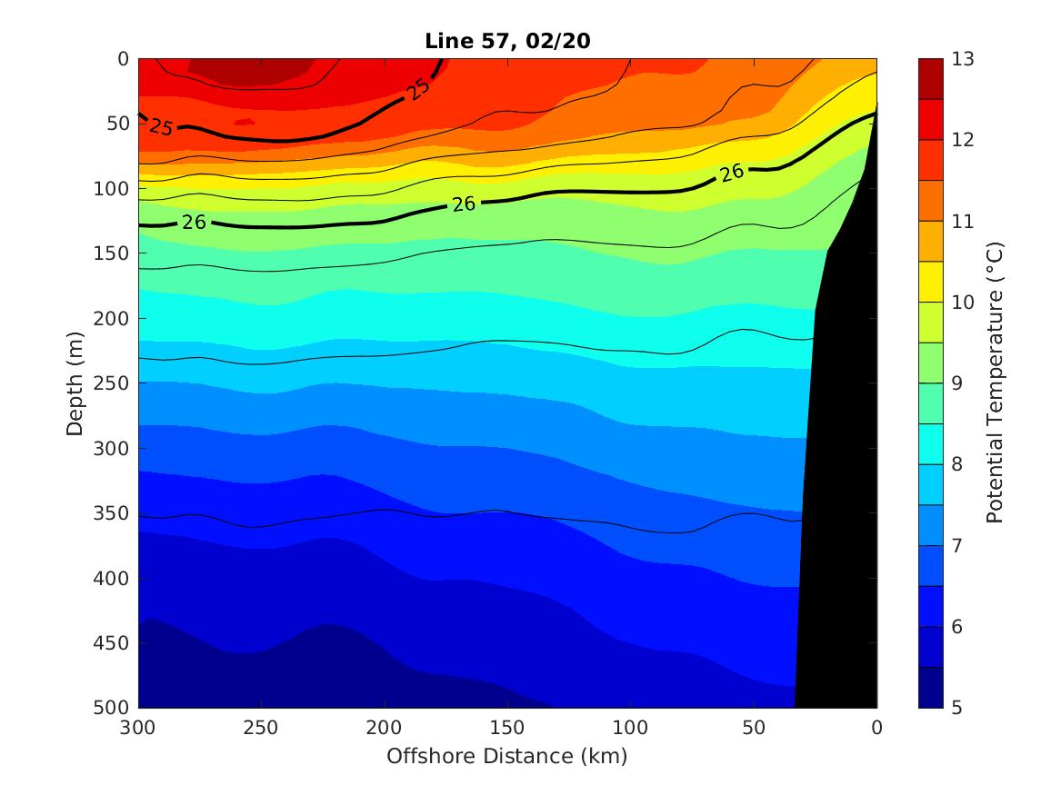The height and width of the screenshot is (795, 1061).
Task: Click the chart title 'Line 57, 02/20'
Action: click(x=507, y=41)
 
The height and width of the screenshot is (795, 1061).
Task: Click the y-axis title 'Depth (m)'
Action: click(x=75, y=383)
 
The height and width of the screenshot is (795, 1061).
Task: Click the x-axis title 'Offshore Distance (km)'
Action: click(x=507, y=756)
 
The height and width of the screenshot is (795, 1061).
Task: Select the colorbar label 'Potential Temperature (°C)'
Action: click(x=994, y=383)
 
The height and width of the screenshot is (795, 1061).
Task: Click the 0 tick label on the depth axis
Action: click(x=124, y=59)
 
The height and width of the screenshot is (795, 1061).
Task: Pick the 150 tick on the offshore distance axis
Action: click(x=507, y=729)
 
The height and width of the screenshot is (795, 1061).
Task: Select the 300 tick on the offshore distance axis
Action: click(x=138, y=729)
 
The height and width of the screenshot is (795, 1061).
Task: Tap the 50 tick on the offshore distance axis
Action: click(x=753, y=729)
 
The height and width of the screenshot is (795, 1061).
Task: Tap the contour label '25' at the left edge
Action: click(x=160, y=127)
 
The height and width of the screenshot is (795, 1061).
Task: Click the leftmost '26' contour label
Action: click(x=194, y=222)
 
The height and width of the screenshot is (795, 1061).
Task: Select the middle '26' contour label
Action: click(x=464, y=204)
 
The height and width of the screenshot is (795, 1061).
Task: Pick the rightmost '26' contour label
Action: click(x=733, y=173)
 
